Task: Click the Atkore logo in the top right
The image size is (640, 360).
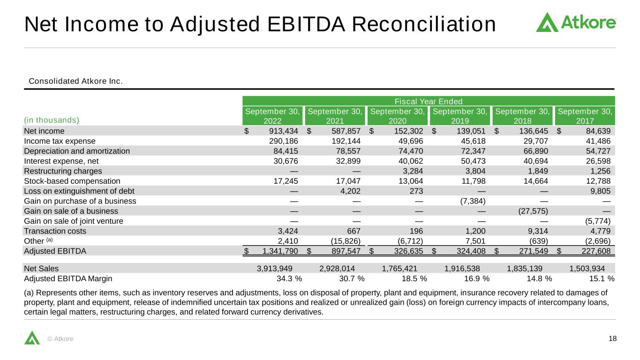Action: pyautogui.click(x=576, y=22)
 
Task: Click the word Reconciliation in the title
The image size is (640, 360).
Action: pyautogui.click(x=424, y=24)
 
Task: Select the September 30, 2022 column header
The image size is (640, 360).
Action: pyautogui.click(x=272, y=116)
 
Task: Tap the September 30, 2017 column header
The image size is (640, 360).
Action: pyautogui.click(x=585, y=116)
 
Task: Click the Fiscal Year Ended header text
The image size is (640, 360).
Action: pyautogui.click(x=429, y=101)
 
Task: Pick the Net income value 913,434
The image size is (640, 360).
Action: pyautogui.click(x=283, y=131)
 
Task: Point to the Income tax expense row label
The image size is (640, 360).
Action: pyautogui.click(x=60, y=141)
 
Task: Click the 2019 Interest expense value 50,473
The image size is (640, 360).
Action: pyautogui.click(x=473, y=161)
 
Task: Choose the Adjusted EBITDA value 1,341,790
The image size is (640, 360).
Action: pyautogui.click(x=280, y=251)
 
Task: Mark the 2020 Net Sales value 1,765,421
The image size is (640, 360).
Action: pyautogui.click(x=399, y=269)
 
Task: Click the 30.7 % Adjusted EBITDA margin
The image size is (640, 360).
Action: pyautogui.click(x=352, y=278)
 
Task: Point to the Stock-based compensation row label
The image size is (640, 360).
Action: pyautogui.click(x=72, y=181)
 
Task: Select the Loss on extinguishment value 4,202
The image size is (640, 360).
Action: pyautogui.click(x=350, y=191)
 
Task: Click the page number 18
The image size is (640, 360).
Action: pyautogui.click(x=612, y=338)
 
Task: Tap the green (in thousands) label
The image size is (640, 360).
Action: pyautogui.click(x=52, y=120)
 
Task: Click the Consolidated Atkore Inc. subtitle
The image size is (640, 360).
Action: pyautogui.click(x=75, y=81)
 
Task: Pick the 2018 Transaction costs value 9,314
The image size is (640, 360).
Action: pyautogui.click(x=538, y=231)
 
